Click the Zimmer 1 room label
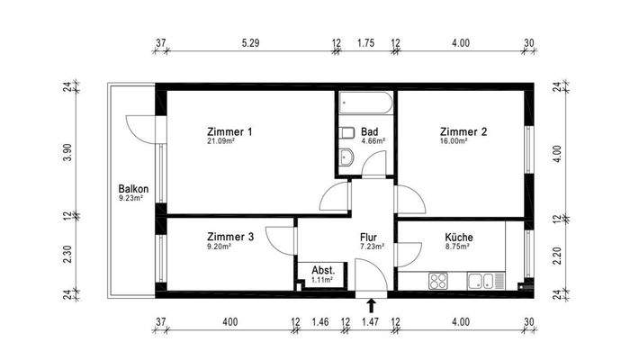(229, 132)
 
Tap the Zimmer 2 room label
(463, 132)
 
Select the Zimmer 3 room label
(224, 237)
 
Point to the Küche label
(459, 237)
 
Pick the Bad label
(369, 132)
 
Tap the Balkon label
(132, 189)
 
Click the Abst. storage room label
(323, 271)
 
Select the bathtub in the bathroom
(366, 104)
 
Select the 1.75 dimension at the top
(365, 42)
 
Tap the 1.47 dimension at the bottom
(370, 321)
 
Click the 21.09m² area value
(220, 141)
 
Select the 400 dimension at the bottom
(229, 321)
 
